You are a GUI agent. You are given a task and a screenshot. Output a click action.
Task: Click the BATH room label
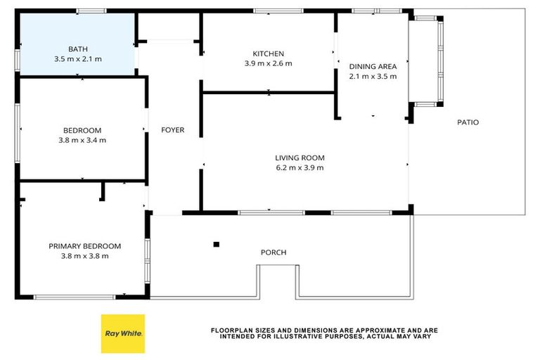click(x=77, y=49)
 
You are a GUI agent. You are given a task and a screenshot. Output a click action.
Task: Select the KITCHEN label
click(x=268, y=53)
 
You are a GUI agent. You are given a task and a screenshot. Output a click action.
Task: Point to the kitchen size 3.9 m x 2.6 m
click(x=268, y=63)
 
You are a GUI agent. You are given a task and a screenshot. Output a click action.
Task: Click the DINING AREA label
click(x=373, y=67)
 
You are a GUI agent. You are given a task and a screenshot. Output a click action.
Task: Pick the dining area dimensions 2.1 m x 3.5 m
click(x=373, y=76)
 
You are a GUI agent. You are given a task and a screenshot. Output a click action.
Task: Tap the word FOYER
click(x=172, y=130)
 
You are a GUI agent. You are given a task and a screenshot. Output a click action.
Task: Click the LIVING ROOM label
click(x=299, y=158)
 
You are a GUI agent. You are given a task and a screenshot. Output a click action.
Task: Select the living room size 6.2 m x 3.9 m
click(x=299, y=167)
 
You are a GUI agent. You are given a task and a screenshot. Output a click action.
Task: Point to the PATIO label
click(x=468, y=122)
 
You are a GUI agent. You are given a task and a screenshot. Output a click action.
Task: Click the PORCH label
click(x=274, y=252)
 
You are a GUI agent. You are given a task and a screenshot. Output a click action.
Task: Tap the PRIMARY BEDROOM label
click(x=84, y=246)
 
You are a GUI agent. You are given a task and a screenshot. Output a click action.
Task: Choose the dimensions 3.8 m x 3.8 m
click(x=84, y=256)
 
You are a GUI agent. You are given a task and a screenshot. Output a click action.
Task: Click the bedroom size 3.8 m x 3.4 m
click(x=82, y=140)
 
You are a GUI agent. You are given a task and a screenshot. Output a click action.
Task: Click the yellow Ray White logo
click(x=123, y=333)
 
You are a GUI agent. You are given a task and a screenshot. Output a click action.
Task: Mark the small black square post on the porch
click(x=217, y=245)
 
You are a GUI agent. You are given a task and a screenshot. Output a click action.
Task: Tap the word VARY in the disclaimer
click(x=420, y=336)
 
